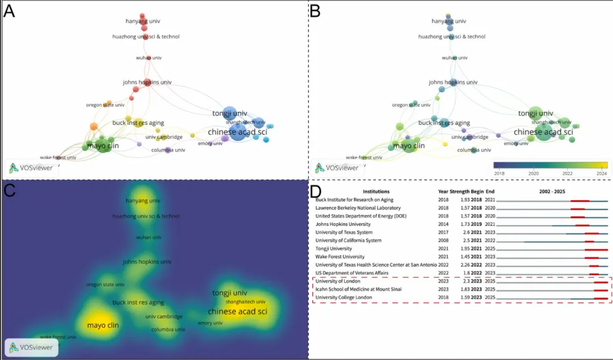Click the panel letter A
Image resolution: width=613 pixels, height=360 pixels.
(9, 11)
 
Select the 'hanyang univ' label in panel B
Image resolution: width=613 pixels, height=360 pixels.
(449, 22)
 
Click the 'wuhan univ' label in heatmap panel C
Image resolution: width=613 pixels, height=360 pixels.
(149, 237)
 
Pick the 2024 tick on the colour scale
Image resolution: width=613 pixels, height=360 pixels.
(601, 173)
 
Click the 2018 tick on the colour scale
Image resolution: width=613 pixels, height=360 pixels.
(500, 173)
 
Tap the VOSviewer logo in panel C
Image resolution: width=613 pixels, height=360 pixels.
(31, 348)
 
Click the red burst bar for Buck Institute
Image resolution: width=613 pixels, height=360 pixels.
(580, 200)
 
